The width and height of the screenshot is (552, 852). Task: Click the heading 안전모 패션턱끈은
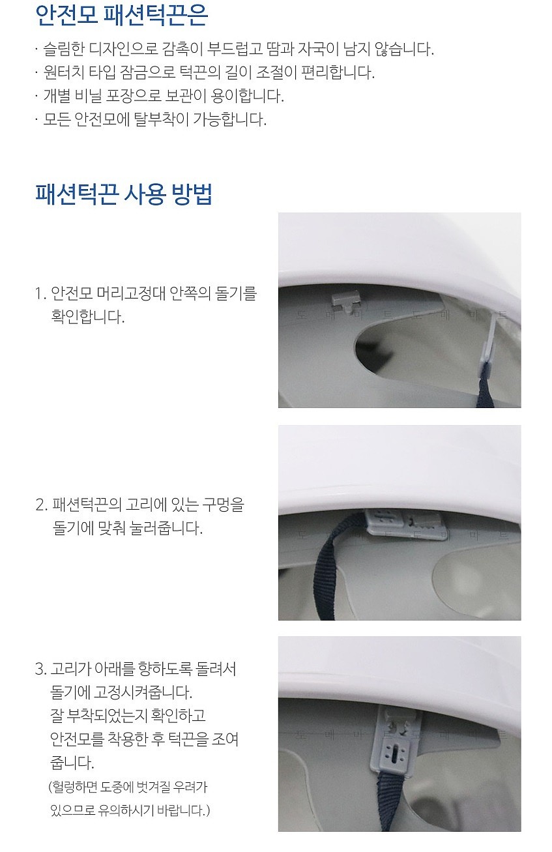click(121, 16)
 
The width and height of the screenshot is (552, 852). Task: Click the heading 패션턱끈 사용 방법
click(124, 194)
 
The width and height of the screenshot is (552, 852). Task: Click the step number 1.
click(39, 294)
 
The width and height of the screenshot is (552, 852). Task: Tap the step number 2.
click(40, 505)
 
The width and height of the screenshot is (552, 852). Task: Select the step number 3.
click(40, 669)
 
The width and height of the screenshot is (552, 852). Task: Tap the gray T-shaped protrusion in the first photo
click(345, 300)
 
